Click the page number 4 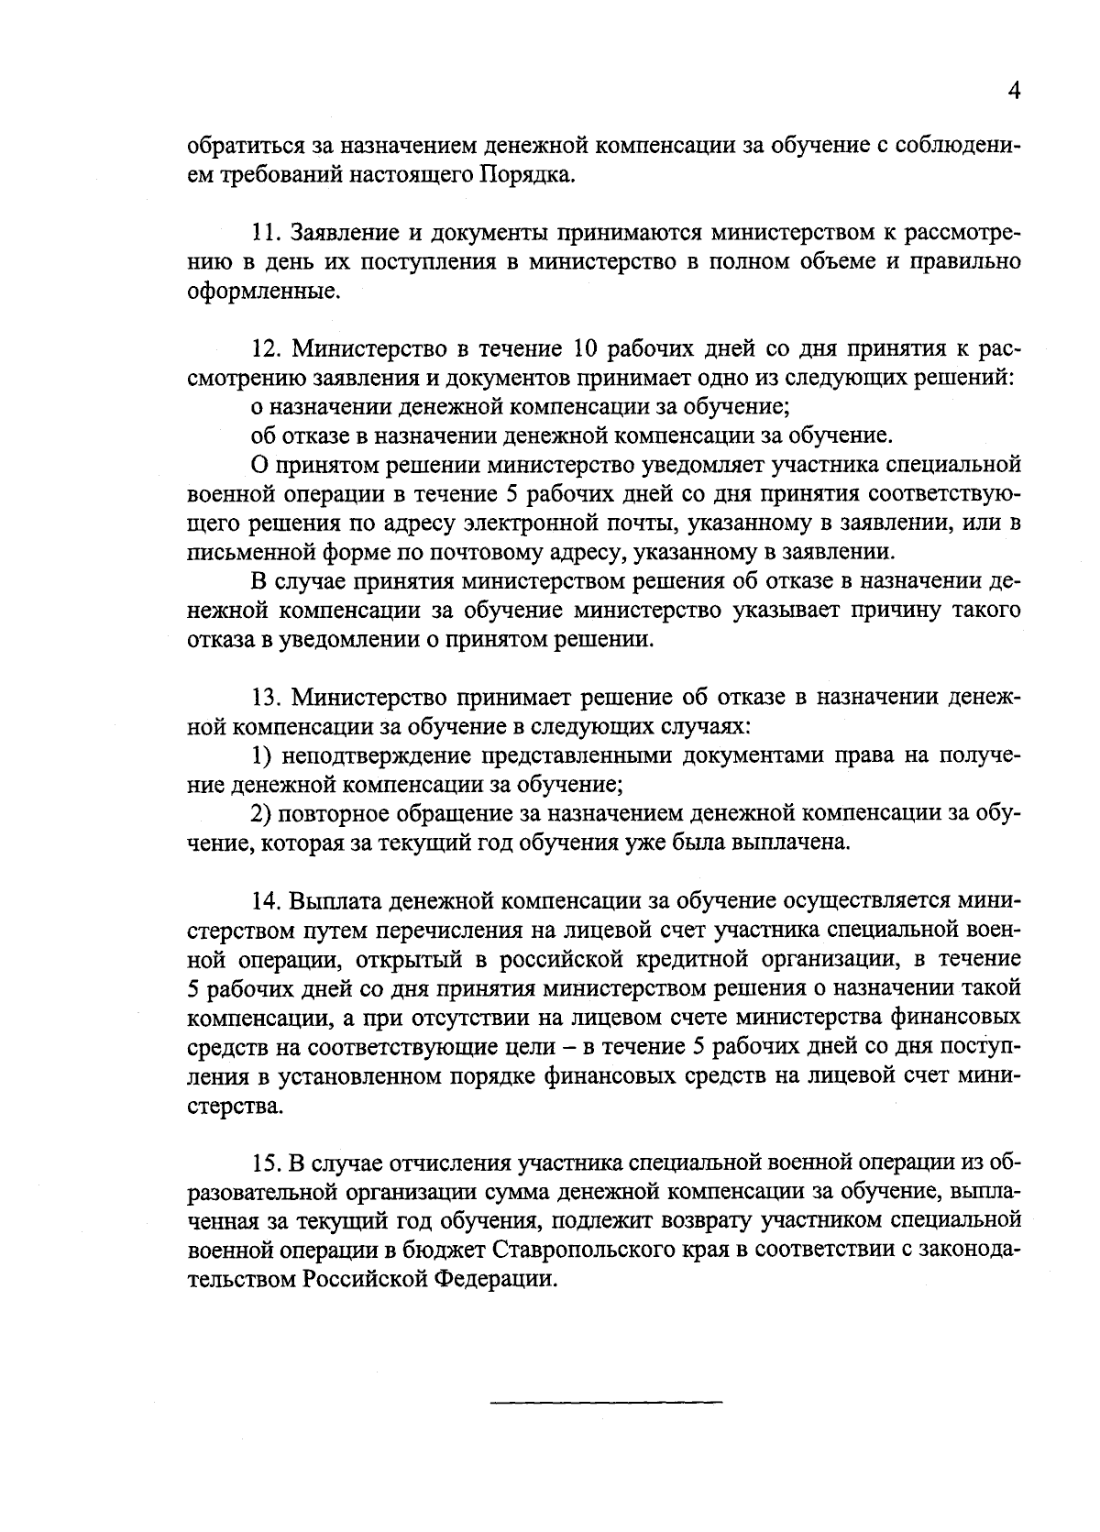[1014, 89]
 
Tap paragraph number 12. [266, 349]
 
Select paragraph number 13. [266, 698]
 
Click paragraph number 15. [266, 1163]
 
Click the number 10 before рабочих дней [587, 349]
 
